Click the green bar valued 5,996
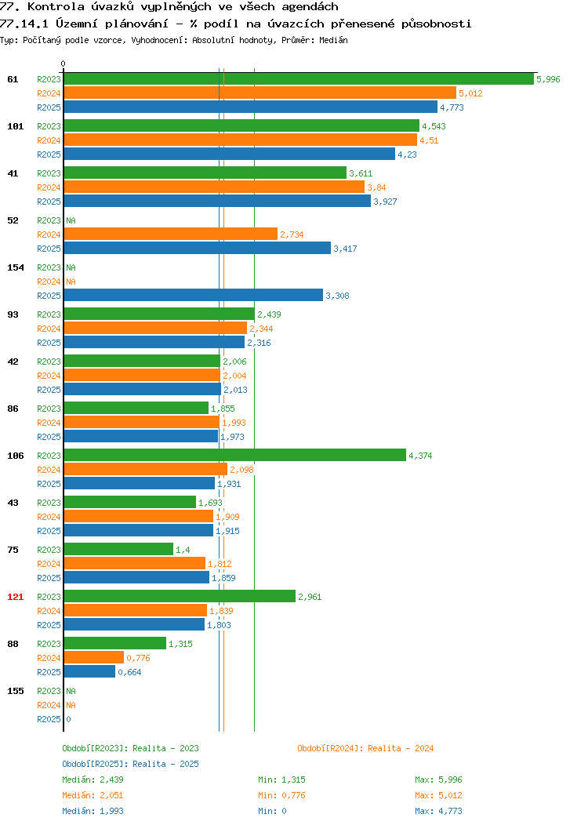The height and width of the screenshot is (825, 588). click(x=299, y=79)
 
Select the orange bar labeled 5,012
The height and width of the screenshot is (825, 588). click(x=260, y=93)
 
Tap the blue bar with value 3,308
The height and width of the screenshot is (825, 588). click(x=194, y=295)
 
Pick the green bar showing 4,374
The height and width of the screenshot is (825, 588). click(x=235, y=455)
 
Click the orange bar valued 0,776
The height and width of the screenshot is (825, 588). click(x=94, y=658)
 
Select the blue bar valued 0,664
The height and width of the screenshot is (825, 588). click(x=89, y=672)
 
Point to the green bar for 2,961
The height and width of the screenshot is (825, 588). click(x=180, y=596)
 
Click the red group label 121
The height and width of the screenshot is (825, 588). click(x=15, y=597)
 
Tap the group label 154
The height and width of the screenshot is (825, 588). click(x=15, y=267)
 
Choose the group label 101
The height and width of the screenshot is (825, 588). click(x=15, y=126)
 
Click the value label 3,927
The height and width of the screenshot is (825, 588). click(x=385, y=202)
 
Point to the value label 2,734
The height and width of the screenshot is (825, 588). click(x=292, y=234)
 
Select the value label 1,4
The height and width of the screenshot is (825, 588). click(x=183, y=550)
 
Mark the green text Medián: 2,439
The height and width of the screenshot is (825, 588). click(x=93, y=780)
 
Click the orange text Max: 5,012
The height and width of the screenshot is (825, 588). click(x=438, y=795)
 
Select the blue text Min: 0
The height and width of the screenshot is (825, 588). click(x=272, y=812)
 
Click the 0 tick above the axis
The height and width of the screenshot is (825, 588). click(x=64, y=64)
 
